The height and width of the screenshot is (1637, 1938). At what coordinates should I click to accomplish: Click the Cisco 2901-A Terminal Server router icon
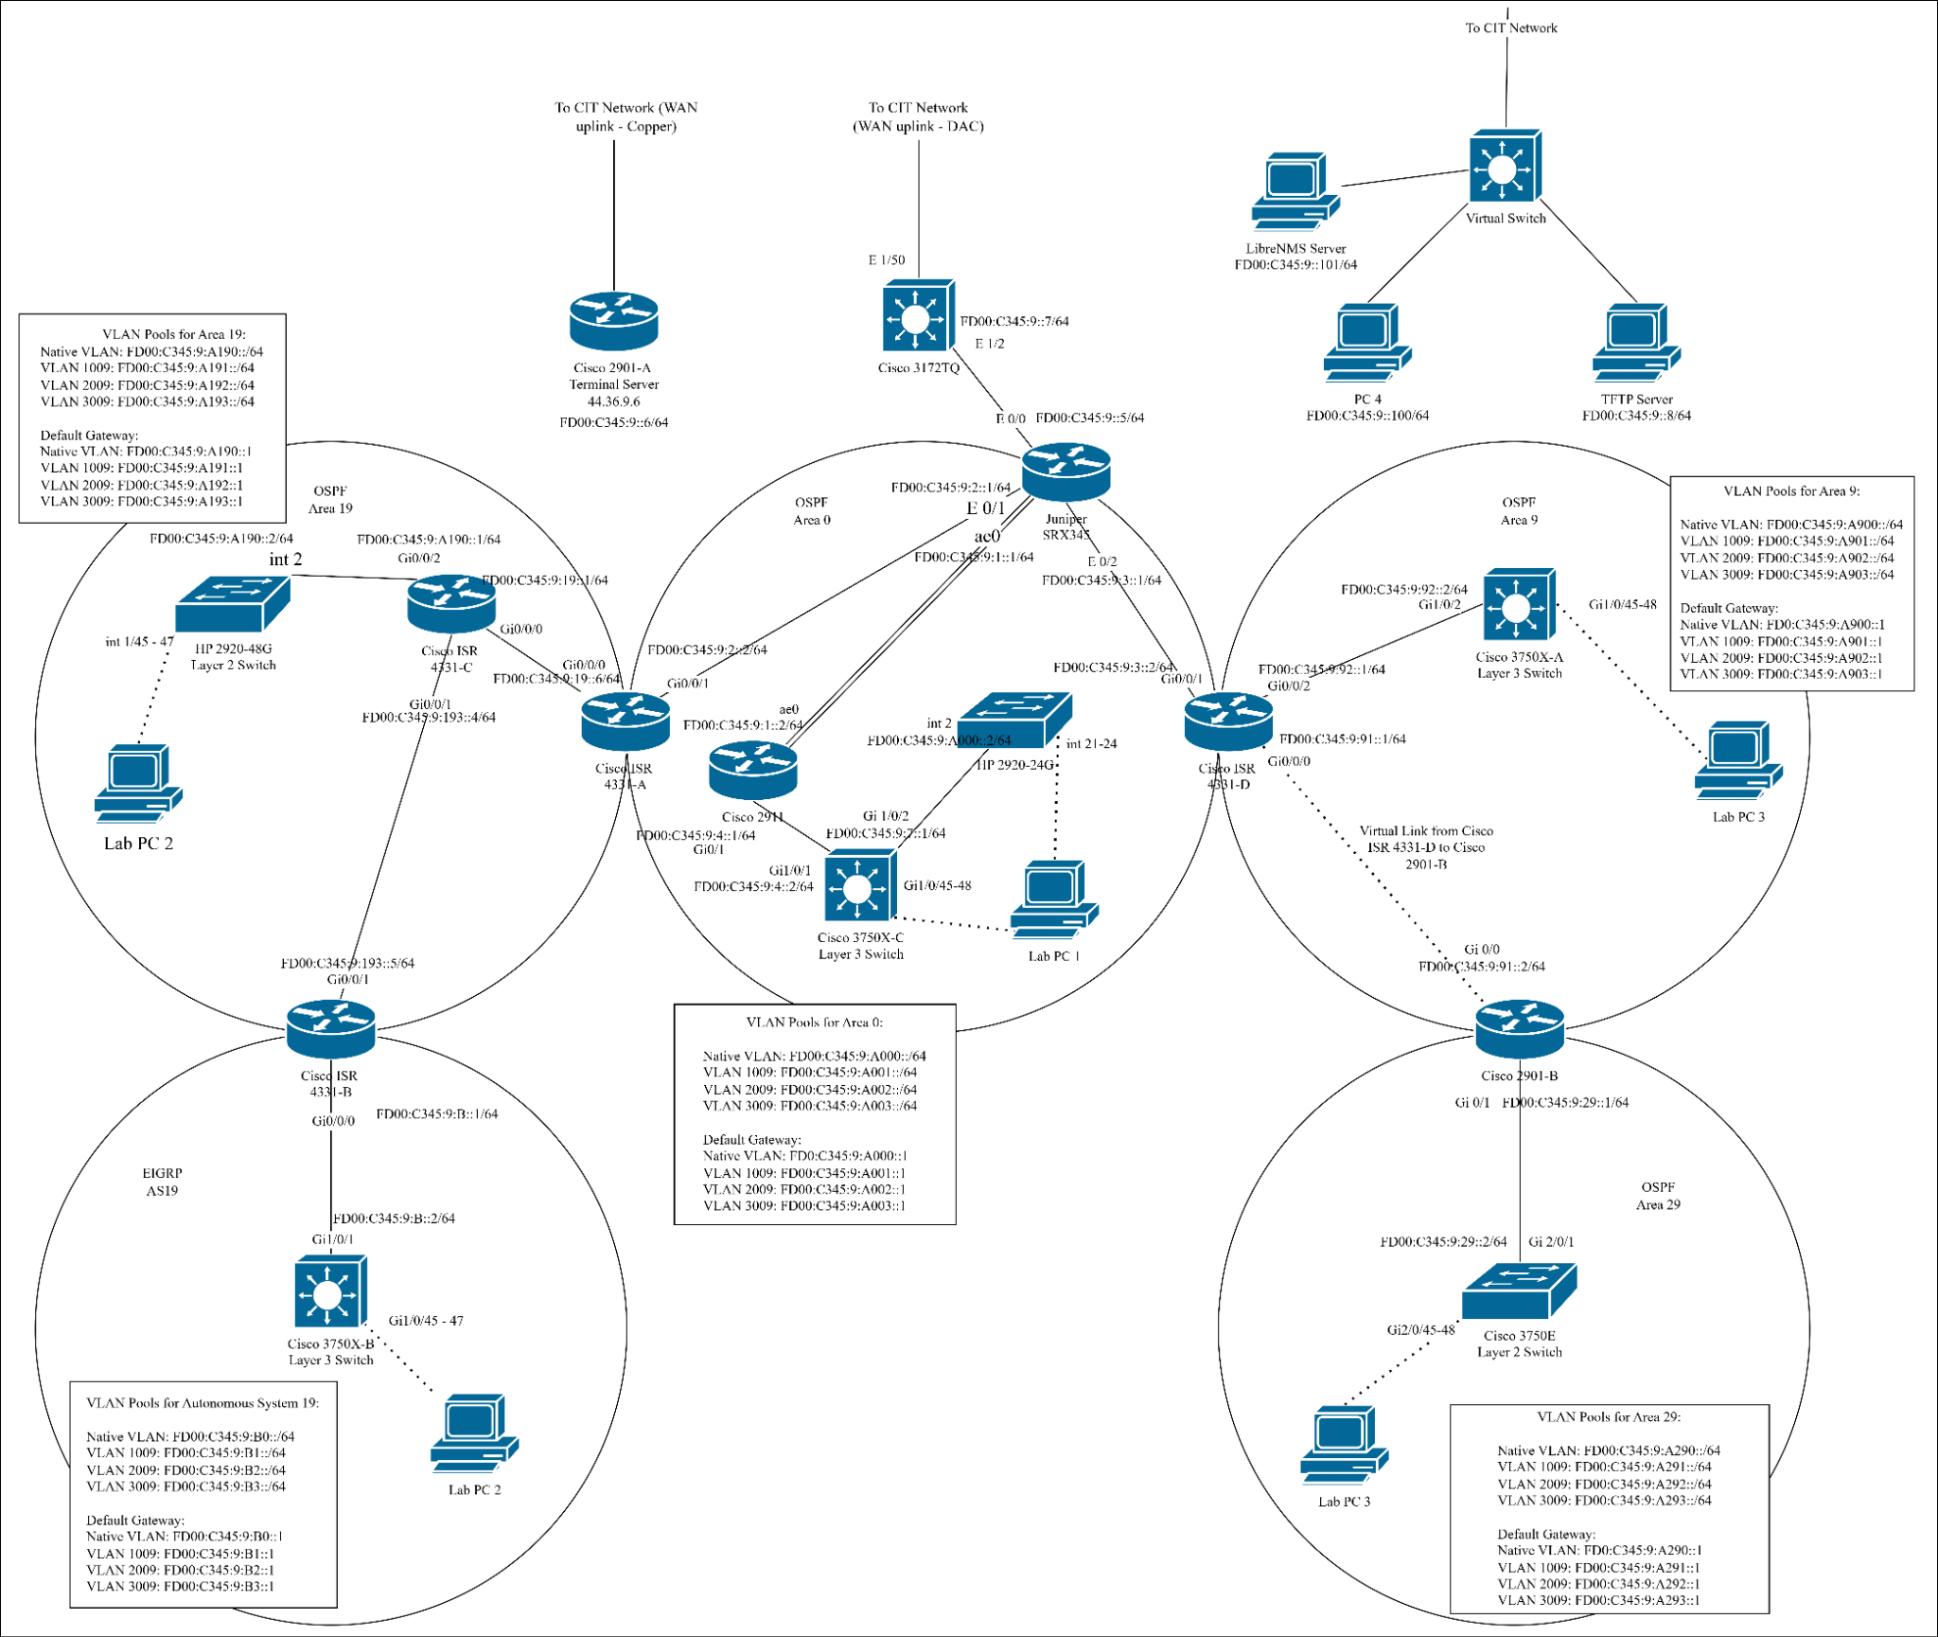coord(613,322)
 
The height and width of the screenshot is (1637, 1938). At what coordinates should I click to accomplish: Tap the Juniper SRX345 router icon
coord(1066,472)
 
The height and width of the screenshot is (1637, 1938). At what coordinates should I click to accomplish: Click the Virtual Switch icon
coord(1505,167)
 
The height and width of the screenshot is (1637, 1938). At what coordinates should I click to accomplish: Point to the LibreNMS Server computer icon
coord(1295,192)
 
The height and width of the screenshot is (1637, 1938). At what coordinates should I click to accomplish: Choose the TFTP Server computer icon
coord(1636,343)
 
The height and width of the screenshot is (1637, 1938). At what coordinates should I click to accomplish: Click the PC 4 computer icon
coord(1366,343)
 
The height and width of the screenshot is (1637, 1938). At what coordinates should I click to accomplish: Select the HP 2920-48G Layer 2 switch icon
coord(233,604)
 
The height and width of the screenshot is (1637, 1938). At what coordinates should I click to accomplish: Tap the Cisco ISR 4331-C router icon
coord(451,603)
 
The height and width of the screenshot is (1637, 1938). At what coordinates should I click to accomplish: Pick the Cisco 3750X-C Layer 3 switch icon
coord(859,886)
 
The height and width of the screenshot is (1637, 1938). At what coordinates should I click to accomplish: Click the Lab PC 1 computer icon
coord(1053,899)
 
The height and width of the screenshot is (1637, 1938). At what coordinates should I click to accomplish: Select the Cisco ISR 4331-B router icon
coord(330,1029)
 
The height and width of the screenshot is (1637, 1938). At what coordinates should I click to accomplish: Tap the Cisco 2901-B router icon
coord(1519,1029)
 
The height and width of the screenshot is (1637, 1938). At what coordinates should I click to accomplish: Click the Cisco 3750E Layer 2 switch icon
coord(1519,1291)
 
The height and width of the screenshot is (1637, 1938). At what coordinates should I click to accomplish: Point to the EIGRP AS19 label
coord(162,1182)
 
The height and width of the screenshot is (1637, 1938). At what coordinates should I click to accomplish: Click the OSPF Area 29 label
coord(1658,1196)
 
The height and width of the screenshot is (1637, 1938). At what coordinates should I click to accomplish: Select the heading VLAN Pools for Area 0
coord(814,1023)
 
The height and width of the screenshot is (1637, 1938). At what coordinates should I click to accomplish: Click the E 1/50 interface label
coord(886,259)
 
